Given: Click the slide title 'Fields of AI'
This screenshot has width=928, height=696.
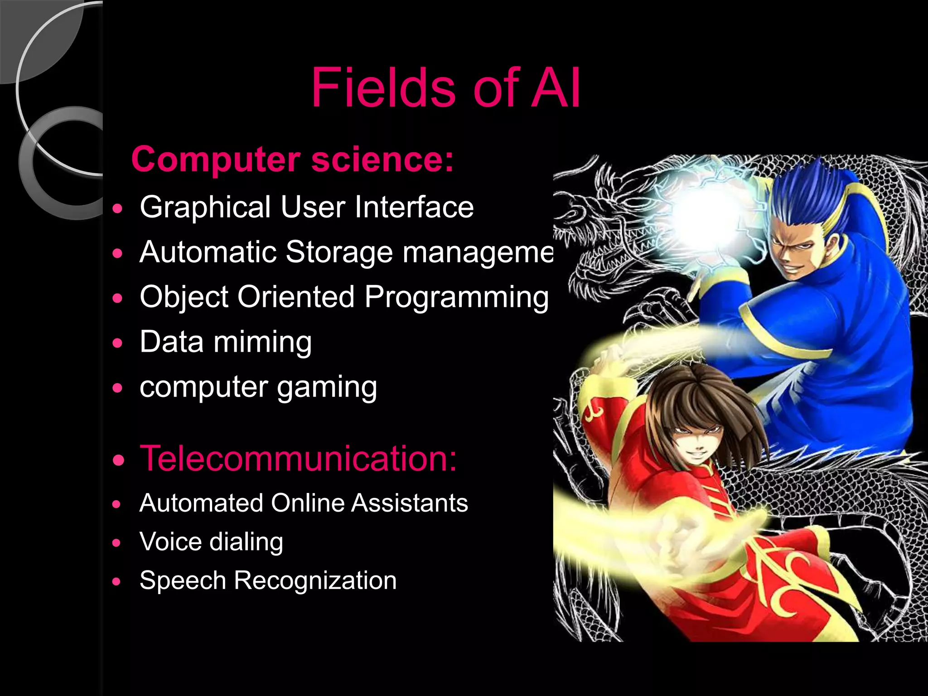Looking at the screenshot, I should pos(445,88).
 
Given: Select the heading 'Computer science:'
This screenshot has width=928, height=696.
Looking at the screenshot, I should pos(292,159).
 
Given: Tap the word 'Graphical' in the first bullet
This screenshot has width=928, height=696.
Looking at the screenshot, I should pos(205,208).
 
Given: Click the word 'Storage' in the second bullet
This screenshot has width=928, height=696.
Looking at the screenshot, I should pos(339,252).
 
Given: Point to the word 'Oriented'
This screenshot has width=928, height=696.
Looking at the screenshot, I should pos(296,297).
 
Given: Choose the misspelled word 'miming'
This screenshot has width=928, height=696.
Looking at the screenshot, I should pos(262,342).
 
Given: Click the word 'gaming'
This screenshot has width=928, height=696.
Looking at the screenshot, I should pos(327,388).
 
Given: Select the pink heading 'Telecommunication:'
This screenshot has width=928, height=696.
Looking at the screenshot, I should pos(299,459).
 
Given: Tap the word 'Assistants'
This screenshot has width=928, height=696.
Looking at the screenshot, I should pos(409,503).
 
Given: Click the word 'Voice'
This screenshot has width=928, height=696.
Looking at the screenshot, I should pos(170,541).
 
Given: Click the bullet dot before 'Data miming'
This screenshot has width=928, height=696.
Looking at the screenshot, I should pos(117,343).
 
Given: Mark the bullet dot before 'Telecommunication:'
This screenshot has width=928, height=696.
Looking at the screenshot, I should pos(118,461).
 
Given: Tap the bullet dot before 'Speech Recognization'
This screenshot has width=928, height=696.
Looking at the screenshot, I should pos(117,582).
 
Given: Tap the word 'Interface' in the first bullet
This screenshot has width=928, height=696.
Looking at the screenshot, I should pos(414,208).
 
